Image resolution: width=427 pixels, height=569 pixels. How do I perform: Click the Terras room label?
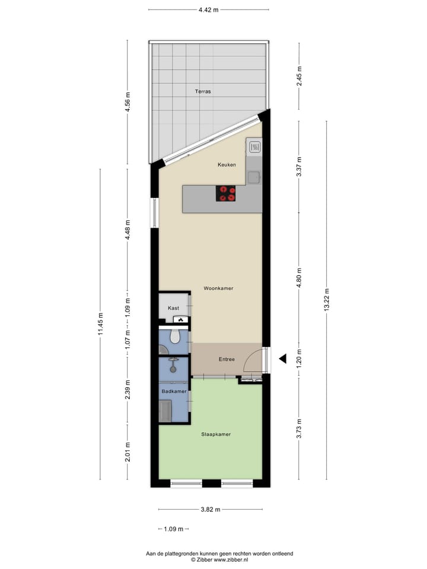203,92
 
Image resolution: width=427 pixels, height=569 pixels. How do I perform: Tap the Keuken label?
227,165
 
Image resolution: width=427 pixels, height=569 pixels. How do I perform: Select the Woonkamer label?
218,289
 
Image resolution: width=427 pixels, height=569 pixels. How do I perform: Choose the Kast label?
173,308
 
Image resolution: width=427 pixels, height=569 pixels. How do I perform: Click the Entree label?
227,359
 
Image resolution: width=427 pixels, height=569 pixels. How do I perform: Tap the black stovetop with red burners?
225,193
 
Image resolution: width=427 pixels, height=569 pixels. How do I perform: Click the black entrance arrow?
283,358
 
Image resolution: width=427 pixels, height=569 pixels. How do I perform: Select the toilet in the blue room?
174,337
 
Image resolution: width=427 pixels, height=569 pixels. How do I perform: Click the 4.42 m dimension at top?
208,9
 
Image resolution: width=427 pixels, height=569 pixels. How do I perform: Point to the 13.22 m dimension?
327,299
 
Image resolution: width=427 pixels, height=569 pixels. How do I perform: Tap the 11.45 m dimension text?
100,324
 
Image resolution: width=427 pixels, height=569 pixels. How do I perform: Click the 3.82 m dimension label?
209,510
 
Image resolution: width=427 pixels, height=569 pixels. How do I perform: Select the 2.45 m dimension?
300,76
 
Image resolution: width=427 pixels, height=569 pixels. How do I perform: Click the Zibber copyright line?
219,559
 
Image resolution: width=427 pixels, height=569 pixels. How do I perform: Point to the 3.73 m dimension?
300,426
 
